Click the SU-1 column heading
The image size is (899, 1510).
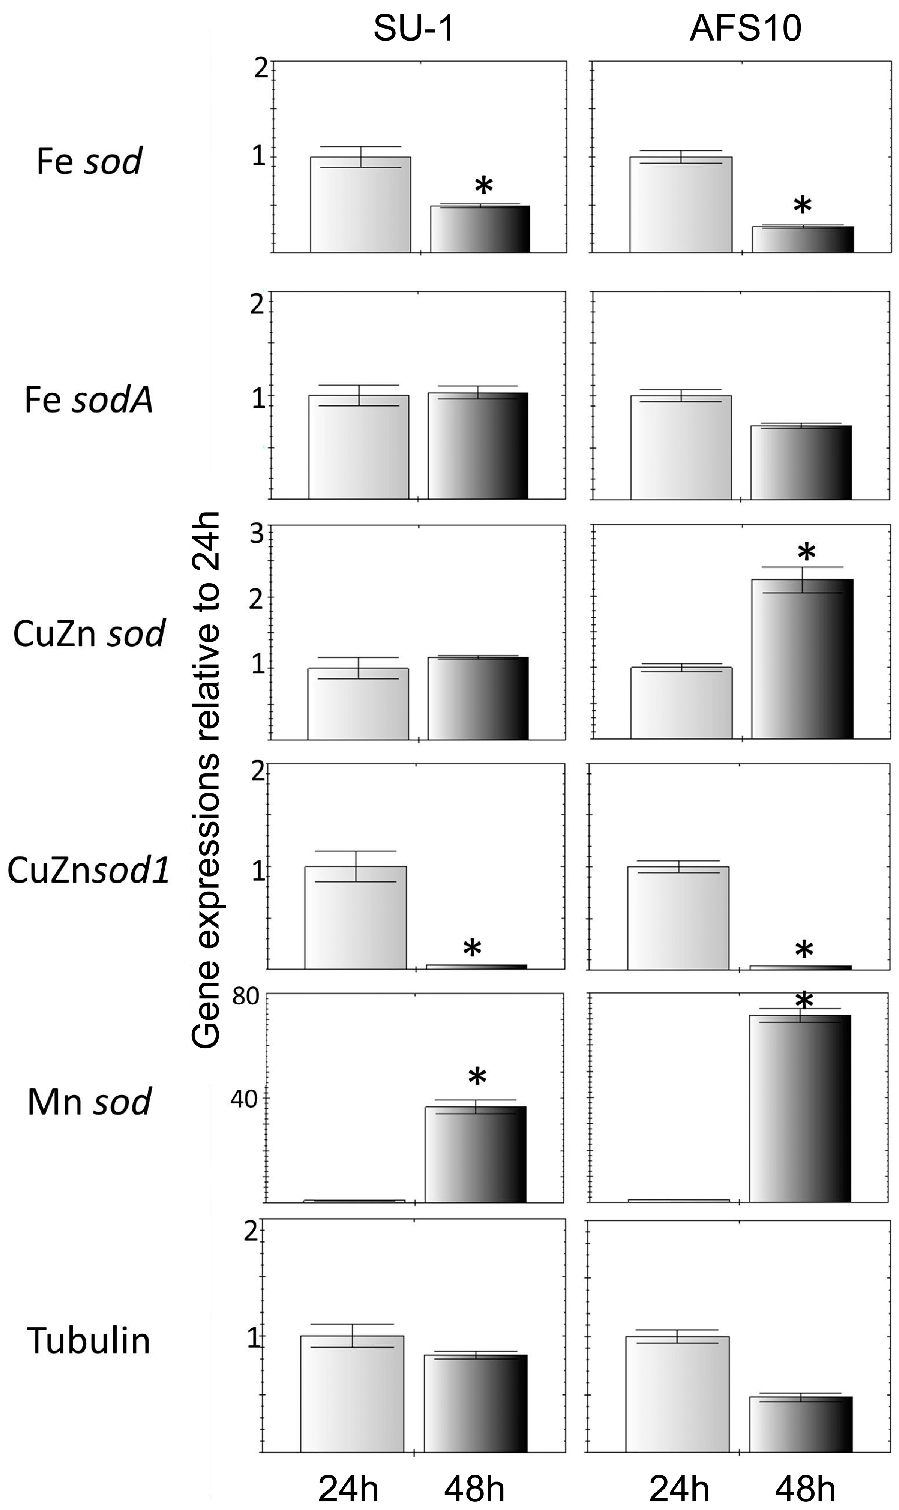pos(414,29)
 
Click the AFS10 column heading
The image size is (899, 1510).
pos(745,29)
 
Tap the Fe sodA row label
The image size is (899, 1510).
pos(89,400)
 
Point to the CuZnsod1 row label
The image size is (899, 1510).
pos(89,871)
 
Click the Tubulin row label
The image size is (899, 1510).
pos(89,1340)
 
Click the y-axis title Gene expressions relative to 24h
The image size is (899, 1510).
pos(206,781)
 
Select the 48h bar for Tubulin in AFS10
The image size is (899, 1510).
pos(801,1424)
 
